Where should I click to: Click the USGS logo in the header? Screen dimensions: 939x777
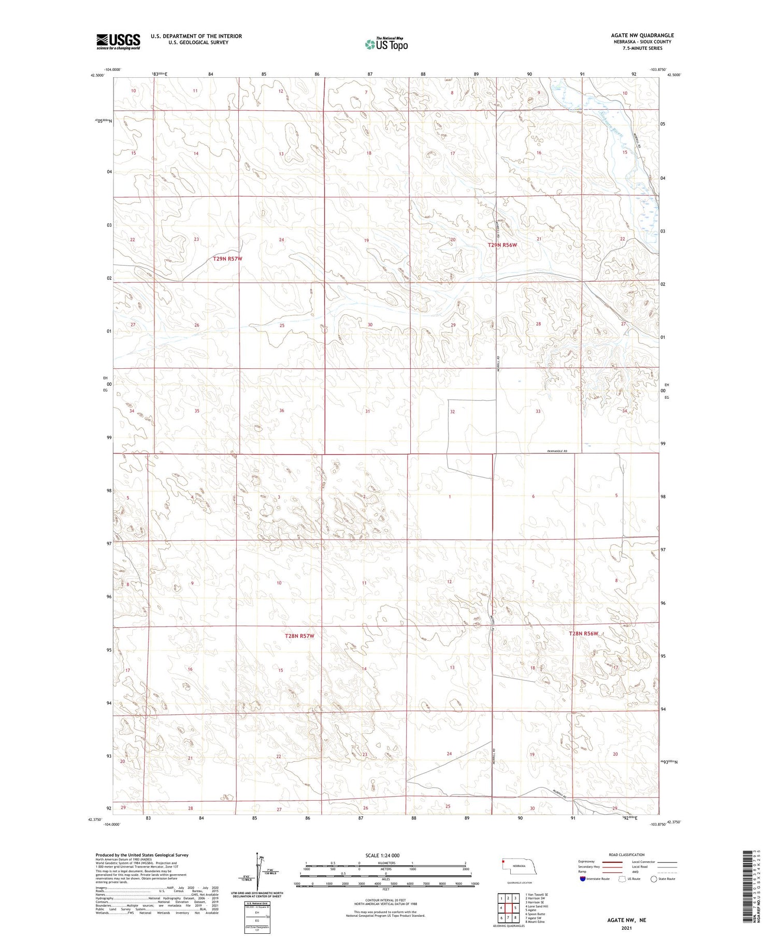pos(118,41)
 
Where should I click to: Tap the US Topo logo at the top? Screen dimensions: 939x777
pos(386,45)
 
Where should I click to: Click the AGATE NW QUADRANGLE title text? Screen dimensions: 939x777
pos(642,35)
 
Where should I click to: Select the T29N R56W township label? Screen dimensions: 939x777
pos(502,245)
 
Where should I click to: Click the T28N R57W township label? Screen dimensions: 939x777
pos(299,635)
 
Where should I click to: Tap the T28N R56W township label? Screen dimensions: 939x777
pos(583,634)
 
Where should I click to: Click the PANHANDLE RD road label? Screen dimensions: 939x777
pos(557,452)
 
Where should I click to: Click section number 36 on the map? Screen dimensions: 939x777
pos(281,411)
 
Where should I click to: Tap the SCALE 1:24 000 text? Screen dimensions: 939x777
pos(382,855)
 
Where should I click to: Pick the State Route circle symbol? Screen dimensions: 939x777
pos(654,878)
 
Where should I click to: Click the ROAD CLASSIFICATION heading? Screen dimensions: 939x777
pos(626,855)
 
